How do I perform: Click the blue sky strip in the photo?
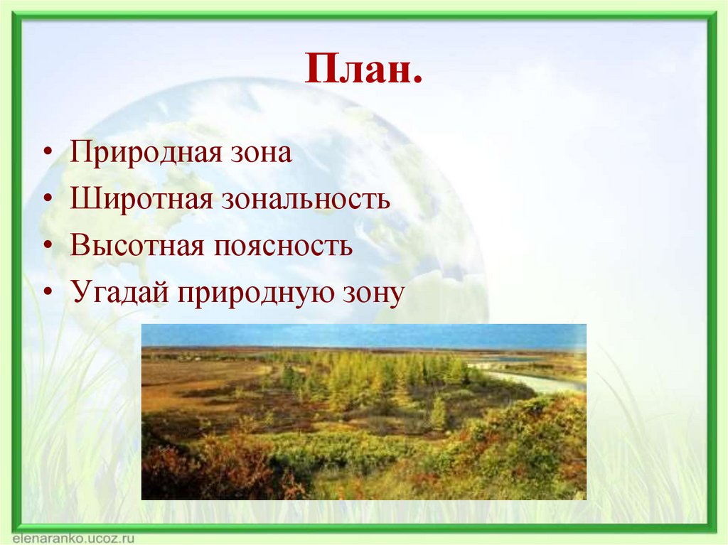pos(363,335)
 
